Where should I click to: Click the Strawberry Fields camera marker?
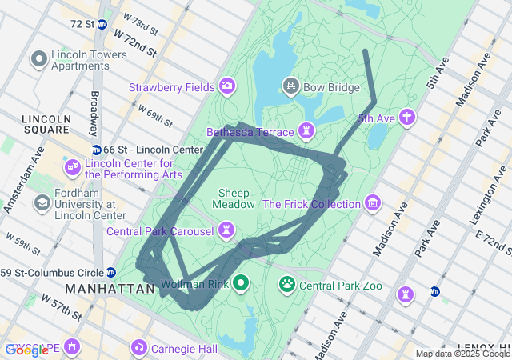tap(227, 86)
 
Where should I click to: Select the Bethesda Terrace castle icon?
tap(306, 130)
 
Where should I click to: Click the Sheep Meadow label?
tap(234, 198)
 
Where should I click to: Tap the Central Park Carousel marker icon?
tap(228, 231)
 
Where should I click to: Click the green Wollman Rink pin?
tap(239, 283)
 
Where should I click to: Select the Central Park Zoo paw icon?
tap(287, 284)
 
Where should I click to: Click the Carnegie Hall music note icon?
tap(139, 348)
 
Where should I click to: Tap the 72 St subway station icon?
tap(102, 24)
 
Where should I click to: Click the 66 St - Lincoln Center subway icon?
tap(96, 150)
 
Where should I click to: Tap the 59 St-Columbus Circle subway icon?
tap(111, 273)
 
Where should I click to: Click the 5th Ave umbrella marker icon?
tap(408, 118)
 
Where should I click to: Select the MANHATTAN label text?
tap(110, 288)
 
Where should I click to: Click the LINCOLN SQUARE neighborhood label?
tap(46, 124)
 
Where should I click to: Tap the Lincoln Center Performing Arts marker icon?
tap(73, 167)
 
